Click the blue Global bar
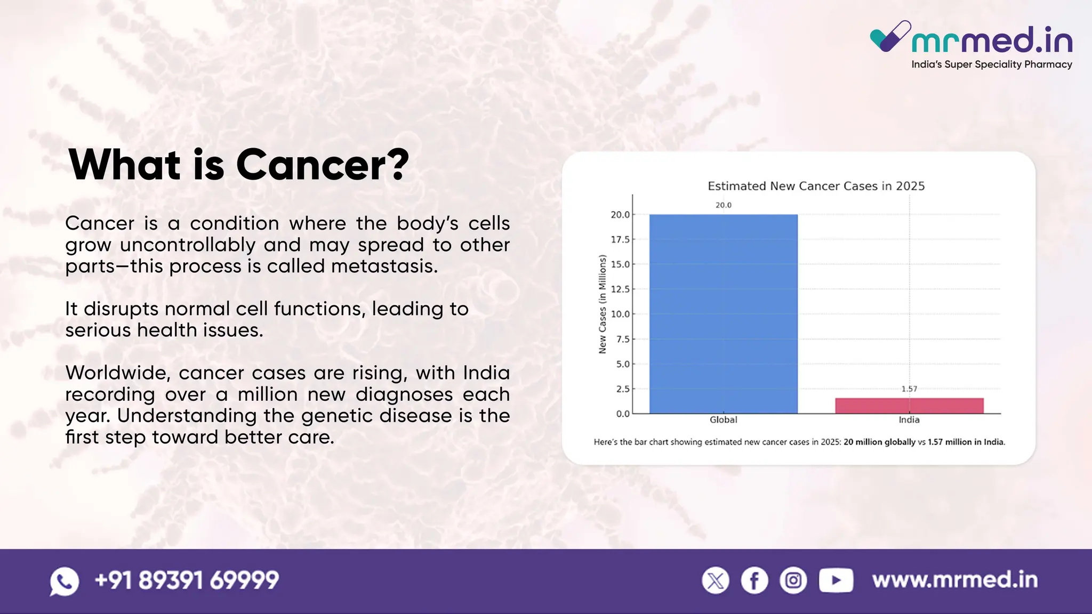click(x=723, y=314)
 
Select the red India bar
click(x=909, y=406)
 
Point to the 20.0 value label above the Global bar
click(x=724, y=205)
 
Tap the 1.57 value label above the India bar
click(x=909, y=389)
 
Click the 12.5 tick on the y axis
click(x=620, y=289)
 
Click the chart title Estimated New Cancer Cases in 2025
click(x=816, y=186)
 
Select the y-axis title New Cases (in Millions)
click(x=603, y=304)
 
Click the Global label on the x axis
click(x=723, y=420)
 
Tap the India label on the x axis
click(x=909, y=420)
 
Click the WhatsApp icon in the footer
click(x=65, y=581)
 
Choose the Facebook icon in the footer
click(x=754, y=580)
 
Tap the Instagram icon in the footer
click(x=793, y=580)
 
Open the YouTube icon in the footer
click(x=836, y=580)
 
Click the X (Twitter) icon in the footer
click(x=716, y=580)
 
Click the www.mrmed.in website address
click(x=955, y=580)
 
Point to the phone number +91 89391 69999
click(x=187, y=580)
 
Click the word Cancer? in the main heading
click(x=323, y=165)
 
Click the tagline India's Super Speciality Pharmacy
click(x=992, y=64)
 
